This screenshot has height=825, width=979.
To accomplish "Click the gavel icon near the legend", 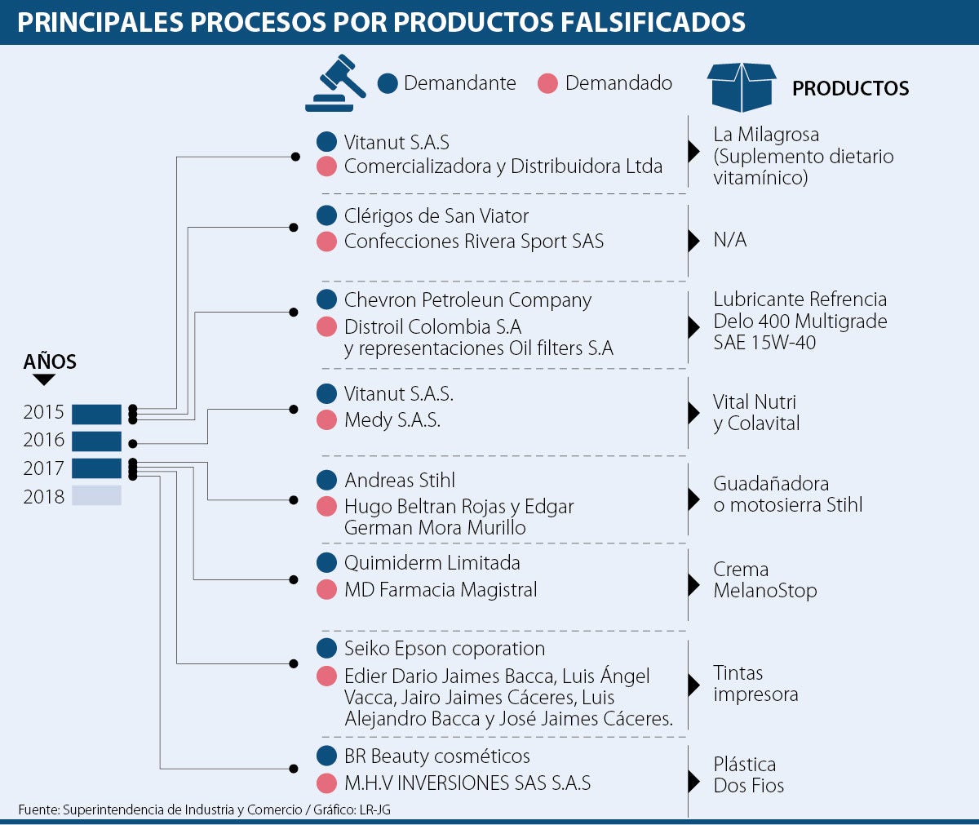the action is click(334, 83).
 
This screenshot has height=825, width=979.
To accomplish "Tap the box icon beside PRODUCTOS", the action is click(742, 87).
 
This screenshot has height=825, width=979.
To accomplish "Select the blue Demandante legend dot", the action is click(388, 83).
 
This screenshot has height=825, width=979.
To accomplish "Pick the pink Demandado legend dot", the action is click(547, 83).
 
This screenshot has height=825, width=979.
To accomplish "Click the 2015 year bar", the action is click(96, 415).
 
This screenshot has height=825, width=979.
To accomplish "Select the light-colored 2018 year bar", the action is click(96, 495).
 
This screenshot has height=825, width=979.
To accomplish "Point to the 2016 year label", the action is click(43, 440).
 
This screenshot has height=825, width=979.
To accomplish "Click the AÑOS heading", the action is click(50, 361).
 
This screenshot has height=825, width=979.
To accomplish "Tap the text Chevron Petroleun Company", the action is click(467, 300).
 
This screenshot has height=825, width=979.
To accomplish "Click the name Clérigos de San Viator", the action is click(436, 216).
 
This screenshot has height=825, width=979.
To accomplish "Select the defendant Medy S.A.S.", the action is click(392, 420).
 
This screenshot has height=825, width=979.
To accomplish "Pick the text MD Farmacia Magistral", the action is click(441, 590).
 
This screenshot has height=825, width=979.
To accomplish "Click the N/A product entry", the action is click(729, 240).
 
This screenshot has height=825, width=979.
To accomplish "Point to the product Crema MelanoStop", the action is click(764, 579).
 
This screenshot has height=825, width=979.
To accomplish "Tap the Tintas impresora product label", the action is click(755, 684).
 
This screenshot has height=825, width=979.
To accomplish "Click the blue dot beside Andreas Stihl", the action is click(327, 480).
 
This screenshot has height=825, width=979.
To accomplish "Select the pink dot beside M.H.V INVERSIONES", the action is click(327, 783).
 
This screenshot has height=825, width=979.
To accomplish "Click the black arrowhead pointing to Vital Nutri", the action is click(694, 413).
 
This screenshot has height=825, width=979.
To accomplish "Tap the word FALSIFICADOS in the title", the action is click(653, 22).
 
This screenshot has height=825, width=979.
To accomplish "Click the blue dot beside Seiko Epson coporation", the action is click(327, 648).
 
